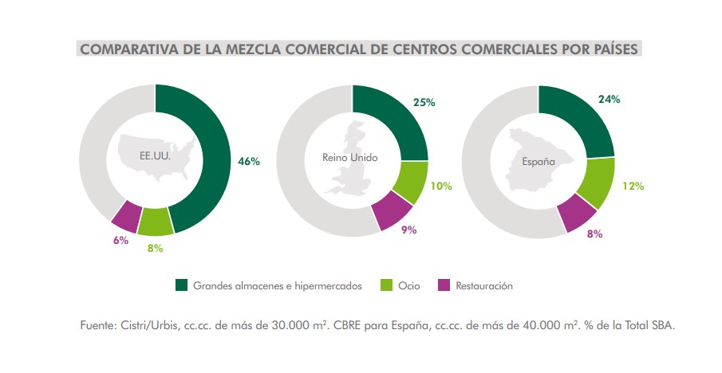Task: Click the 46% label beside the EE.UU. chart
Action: (249, 161)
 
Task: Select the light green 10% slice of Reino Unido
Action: (412, 182)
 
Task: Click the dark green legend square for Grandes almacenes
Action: (181, 285)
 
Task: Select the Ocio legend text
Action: (408, 285)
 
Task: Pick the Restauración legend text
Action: (484, 285)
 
